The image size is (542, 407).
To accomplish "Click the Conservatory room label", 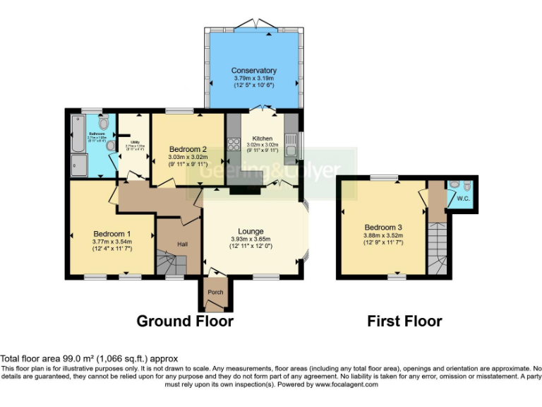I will pos(253,71).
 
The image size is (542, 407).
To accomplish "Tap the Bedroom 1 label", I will pos(112,234).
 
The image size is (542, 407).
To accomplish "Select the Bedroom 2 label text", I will pos(187,149).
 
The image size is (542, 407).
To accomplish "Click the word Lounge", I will pos(251,231).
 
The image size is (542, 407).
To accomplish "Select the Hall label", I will pos(182,244).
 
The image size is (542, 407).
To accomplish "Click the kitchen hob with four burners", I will pos(234,146).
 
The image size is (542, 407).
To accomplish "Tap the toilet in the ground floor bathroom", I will pos(104,122).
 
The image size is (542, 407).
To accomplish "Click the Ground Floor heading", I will pos(184,322).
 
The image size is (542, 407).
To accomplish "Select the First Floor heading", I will pos(404,322).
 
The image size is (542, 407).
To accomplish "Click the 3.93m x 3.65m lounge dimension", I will pos(251,239).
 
